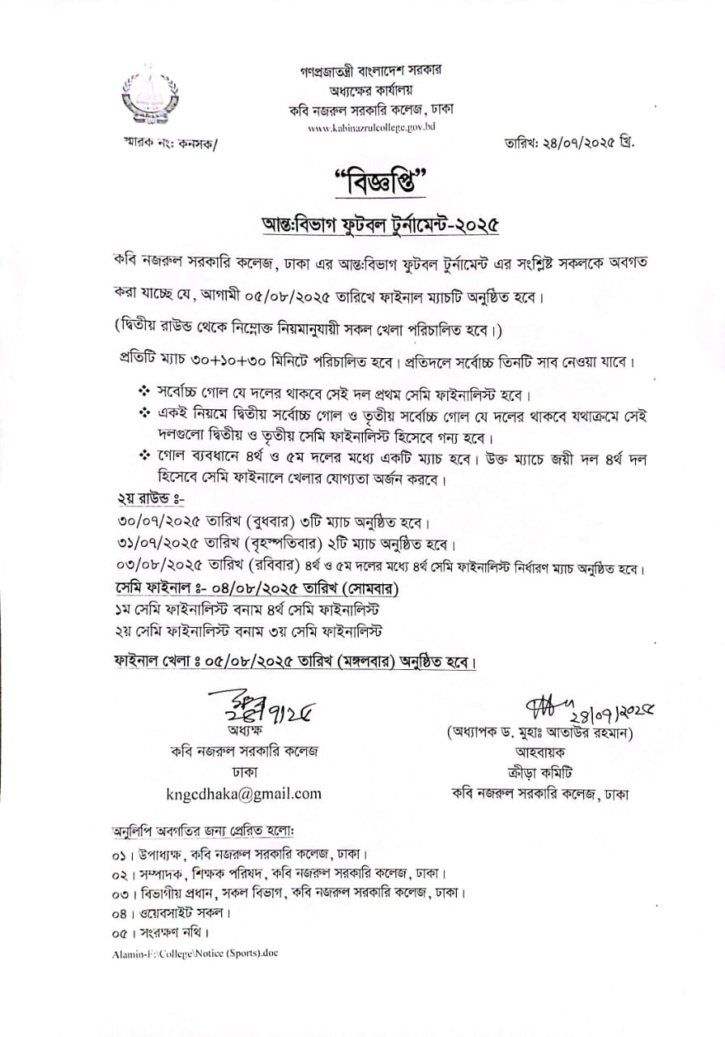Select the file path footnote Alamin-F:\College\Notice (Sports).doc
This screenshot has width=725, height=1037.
click(x=195, y=953)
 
